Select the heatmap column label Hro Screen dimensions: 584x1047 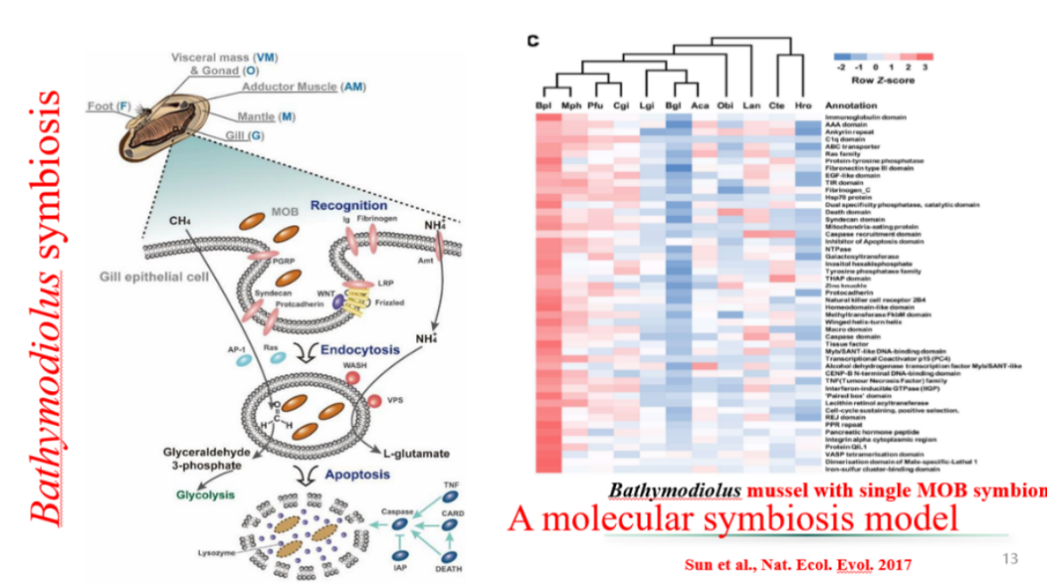803,106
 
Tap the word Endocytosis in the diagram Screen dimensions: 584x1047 360,349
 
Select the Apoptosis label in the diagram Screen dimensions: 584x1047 357,475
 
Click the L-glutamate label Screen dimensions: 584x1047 416,453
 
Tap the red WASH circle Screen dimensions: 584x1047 353,377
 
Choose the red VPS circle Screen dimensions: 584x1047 373,401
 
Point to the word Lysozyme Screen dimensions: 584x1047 215,553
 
